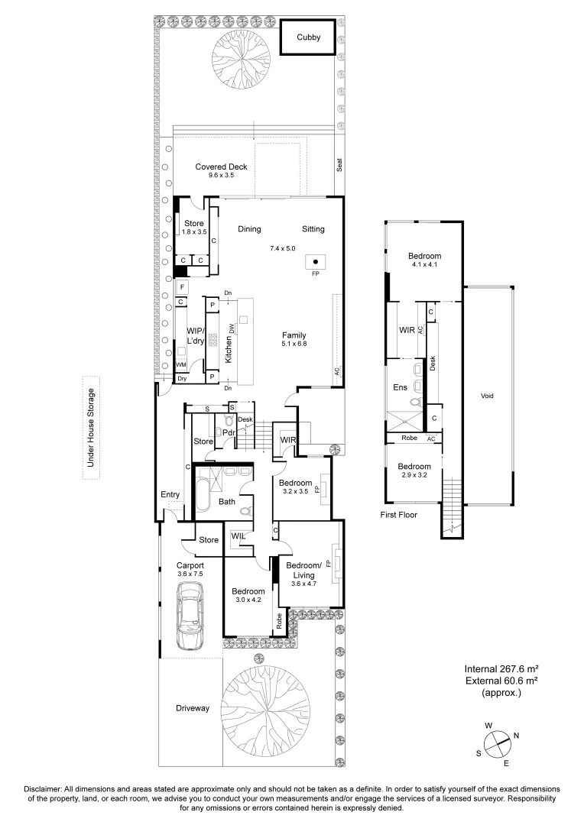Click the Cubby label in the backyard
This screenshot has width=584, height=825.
pyautogui.click(x=309, y=37)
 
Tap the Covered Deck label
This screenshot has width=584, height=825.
pyautogui.click(x=221, y=167)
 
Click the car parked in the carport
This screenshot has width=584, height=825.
pyautogui.click(x=188, y=616)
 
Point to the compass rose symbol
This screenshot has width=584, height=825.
pyautogui.click(x=496, y=741)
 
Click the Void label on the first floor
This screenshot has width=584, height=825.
pyautogui.click(x=488, y=396)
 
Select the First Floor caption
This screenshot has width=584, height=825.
pyautogui.click(x=400, y=515)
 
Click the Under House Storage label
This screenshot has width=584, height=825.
pyautogui.click(x=90, y=428)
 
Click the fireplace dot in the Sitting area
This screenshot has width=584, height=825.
pyautogui.click(x=315, y=262)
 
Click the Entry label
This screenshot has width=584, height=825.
pyautogui.click(x=170, y=495)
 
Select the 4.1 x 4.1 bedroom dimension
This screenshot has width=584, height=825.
pyautogui.click(x=424, y=265)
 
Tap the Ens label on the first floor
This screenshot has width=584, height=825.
pyautogui.click(x=400, y=387)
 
